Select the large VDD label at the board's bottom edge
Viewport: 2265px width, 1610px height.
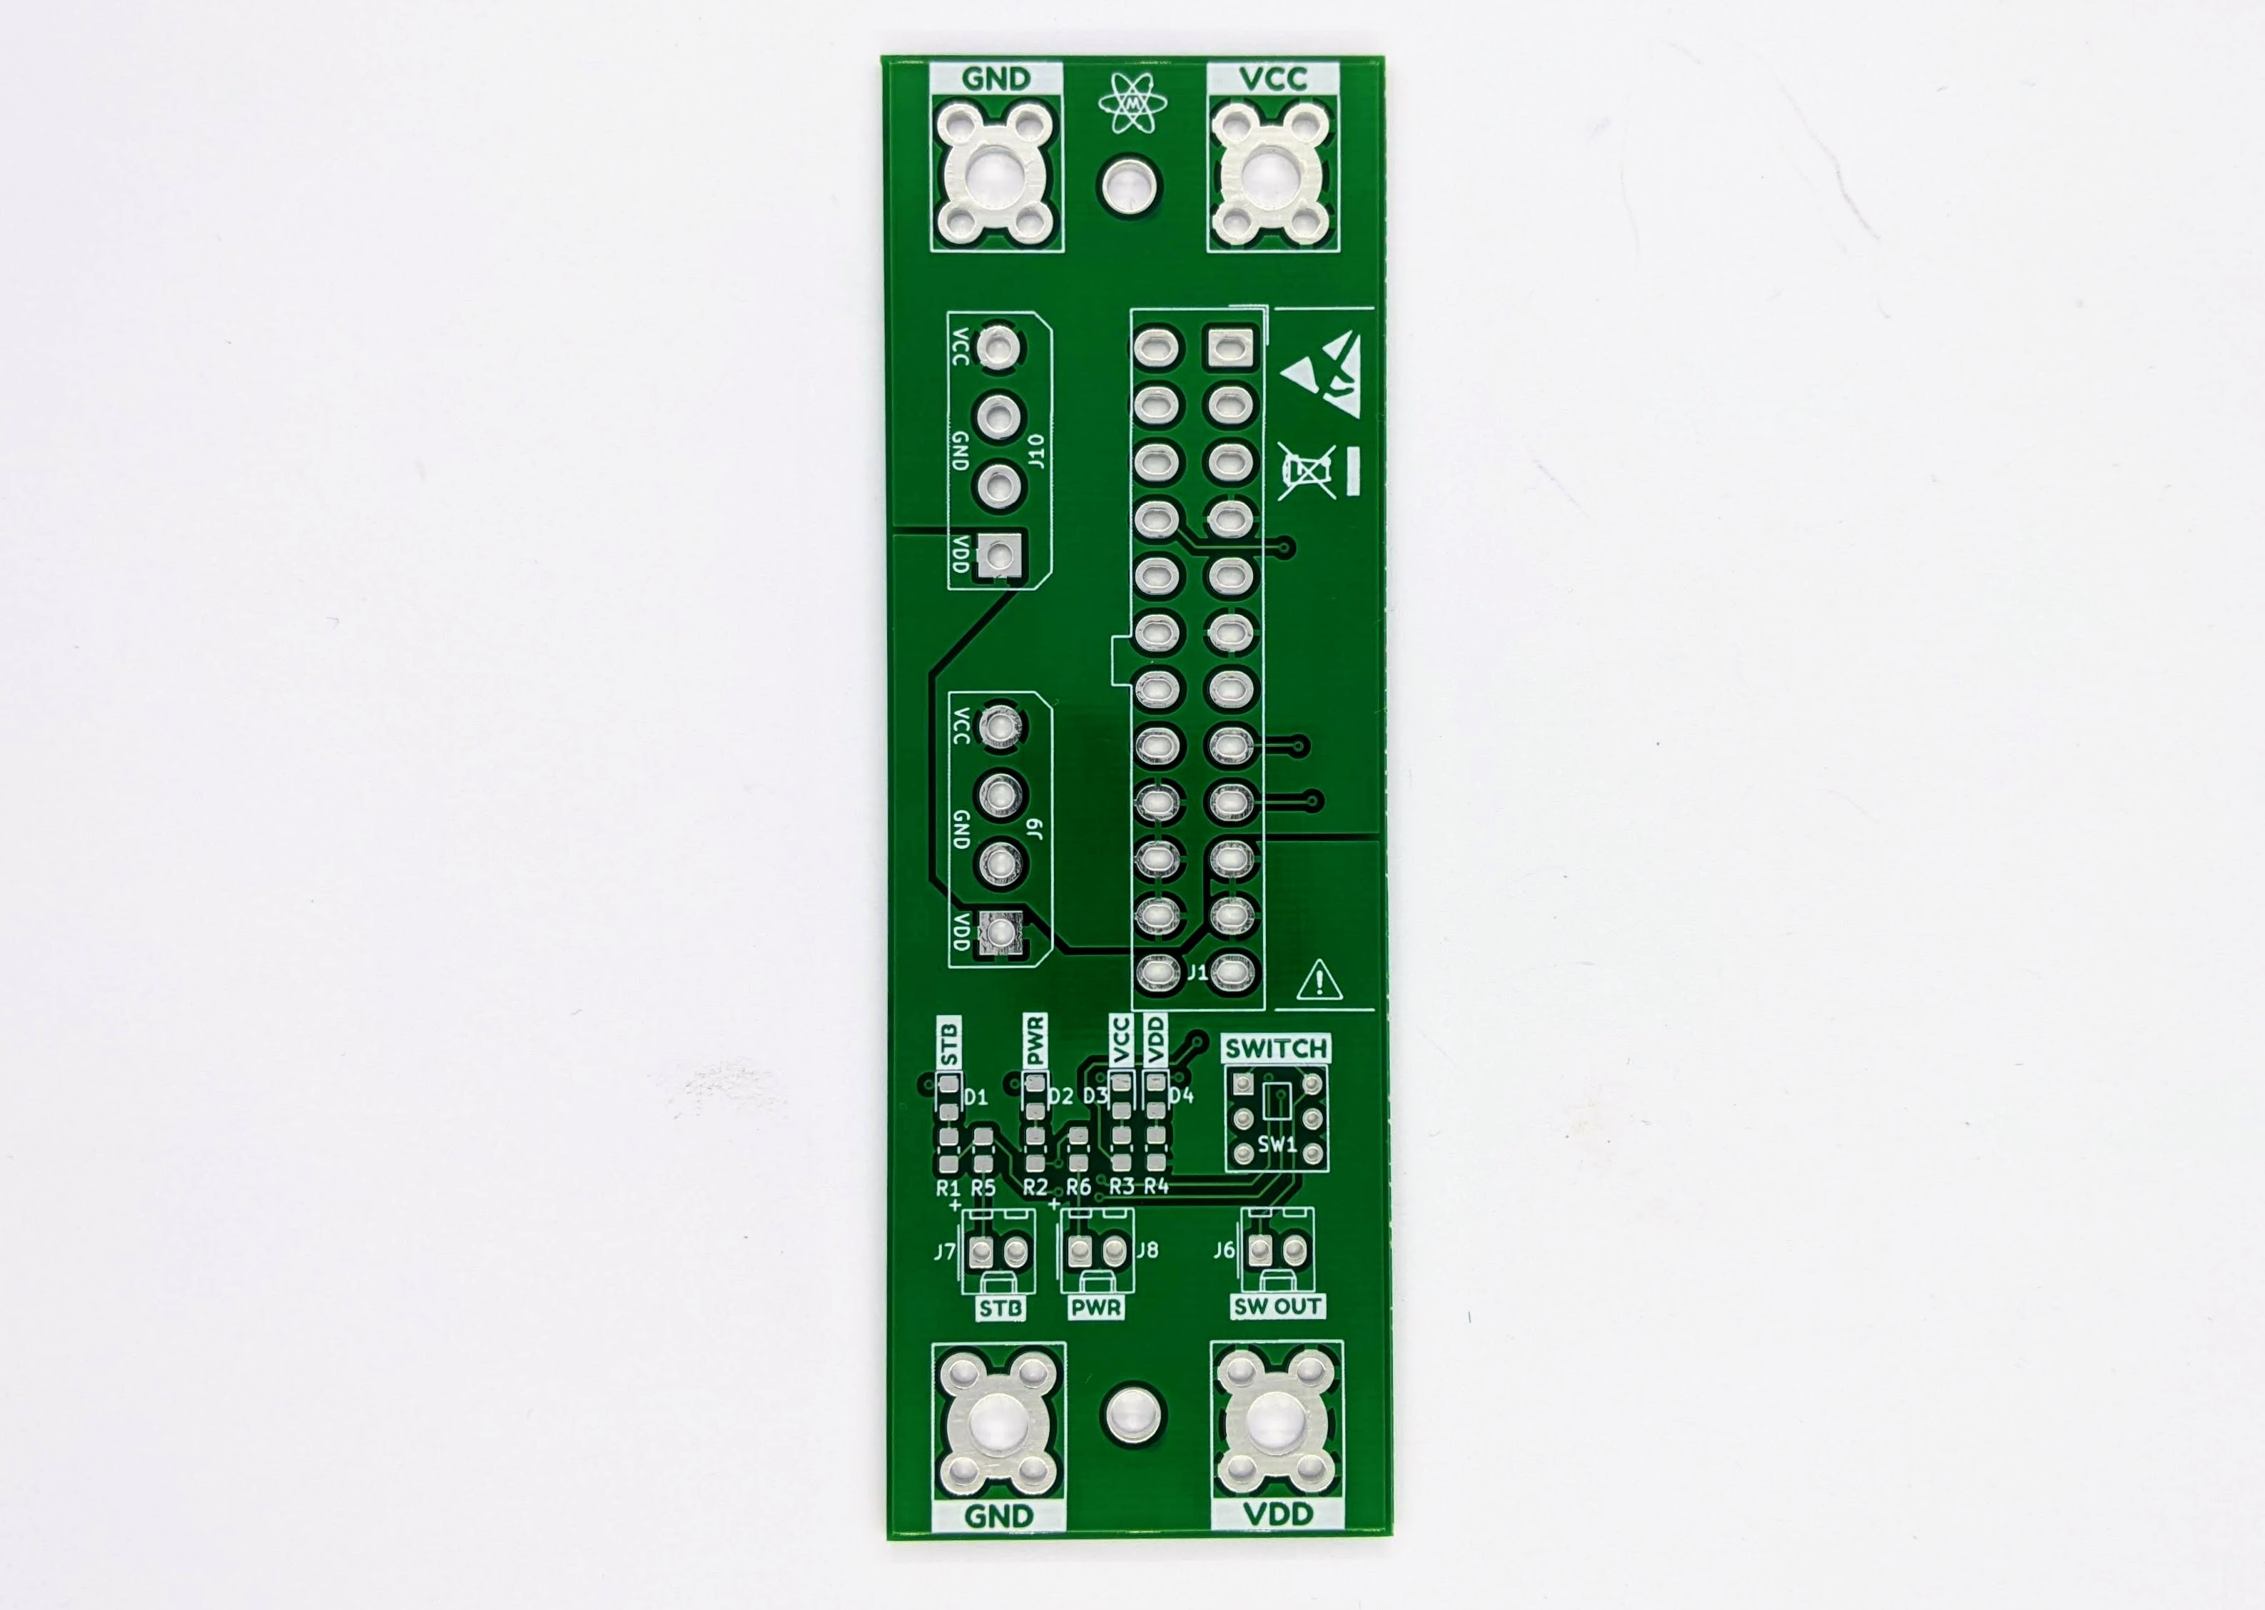pyautogui.click(x=1278, y=1514)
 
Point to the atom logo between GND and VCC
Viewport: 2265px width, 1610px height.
pyautogui.click(x=1132, y=103)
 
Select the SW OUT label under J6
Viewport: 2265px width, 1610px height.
pyautogui.click(x=1277, y=1307)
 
